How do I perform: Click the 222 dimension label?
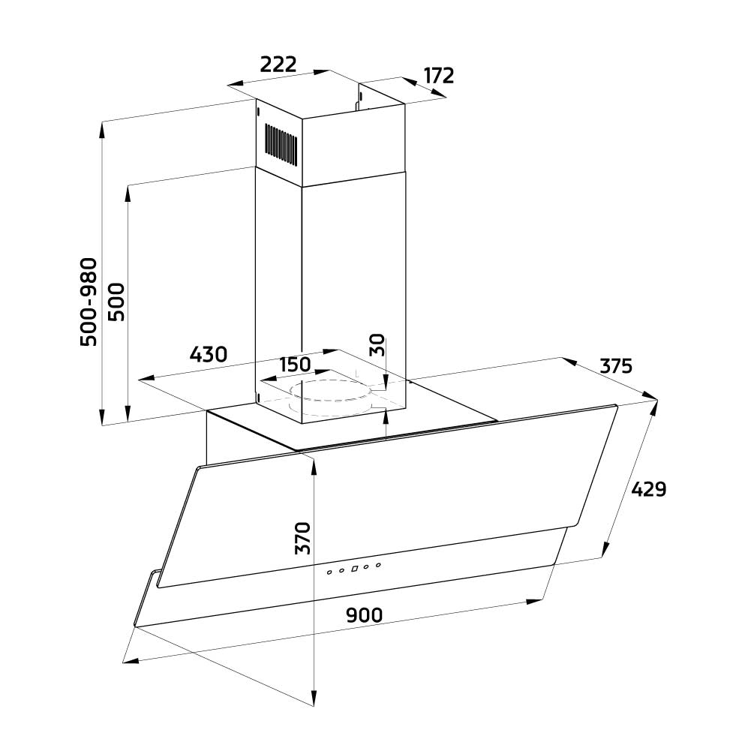[x=278, y=65]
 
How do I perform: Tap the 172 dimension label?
[x=439, y=76]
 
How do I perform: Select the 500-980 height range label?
[x=89, y=302]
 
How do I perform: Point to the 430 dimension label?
[x=209, y=354]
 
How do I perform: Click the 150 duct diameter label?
[x=295, y=365]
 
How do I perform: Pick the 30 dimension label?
[x=377, y=344]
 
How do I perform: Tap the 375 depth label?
[x=617, y=366]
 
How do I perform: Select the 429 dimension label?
[x=648, y=489]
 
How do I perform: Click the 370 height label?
[x=302, y=539]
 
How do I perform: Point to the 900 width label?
[x=365, y=615]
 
